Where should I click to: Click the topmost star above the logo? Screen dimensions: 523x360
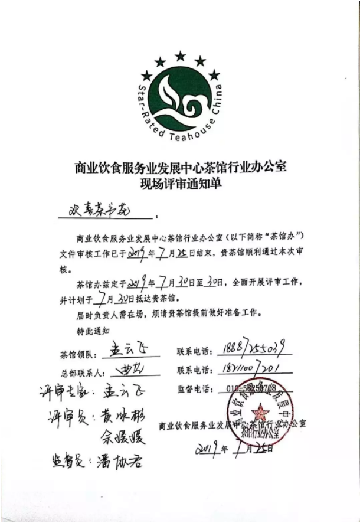[180, 56]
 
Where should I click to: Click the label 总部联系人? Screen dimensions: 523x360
[81, 373]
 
